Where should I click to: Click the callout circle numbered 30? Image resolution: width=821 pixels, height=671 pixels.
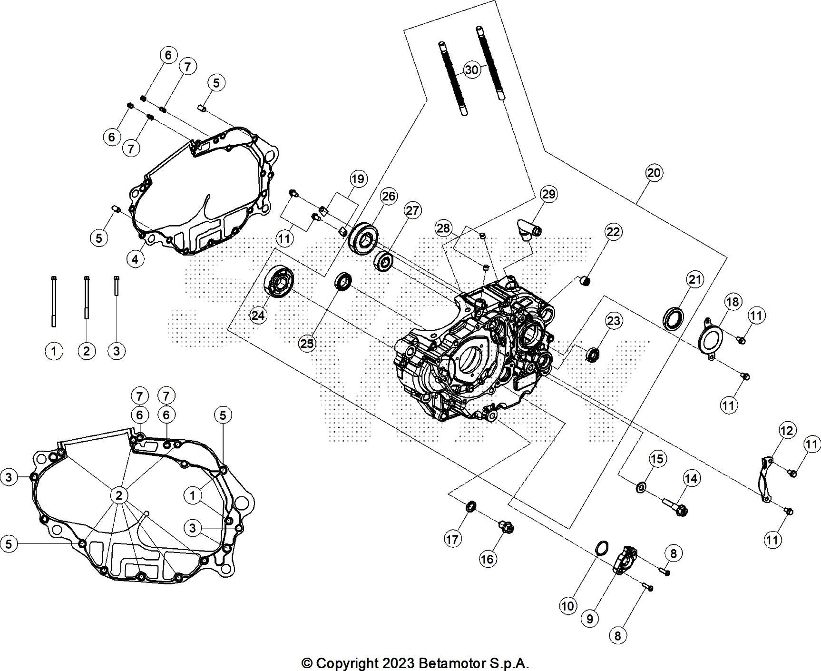(471, 70)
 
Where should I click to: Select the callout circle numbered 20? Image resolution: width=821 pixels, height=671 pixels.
(654, 172)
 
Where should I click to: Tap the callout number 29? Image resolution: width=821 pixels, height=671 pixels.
(548, 194)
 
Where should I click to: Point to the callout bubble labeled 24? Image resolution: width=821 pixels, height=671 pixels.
(258, 315)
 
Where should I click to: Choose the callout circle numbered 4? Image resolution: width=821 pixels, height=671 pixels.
(136, 259)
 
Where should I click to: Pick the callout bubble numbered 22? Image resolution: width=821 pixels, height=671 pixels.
(613, 232)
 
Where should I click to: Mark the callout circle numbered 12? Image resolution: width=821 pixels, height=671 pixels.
(787, 431)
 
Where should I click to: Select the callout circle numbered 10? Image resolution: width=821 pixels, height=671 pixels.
(567, 606)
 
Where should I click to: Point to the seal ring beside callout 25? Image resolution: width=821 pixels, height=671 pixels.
(343, 281)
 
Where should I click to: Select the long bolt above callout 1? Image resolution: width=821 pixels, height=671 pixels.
(54, 302)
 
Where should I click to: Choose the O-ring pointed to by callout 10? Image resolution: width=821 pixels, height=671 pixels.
(602, 547)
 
